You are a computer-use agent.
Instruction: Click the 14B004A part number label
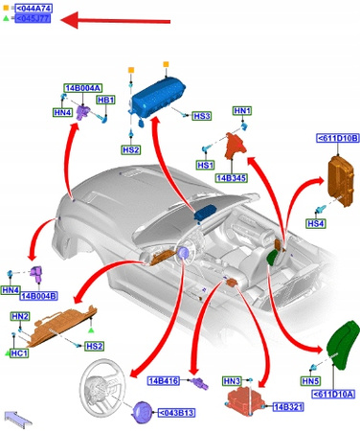click(x=82, y=88)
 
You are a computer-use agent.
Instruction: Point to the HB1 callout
click(x=105, y=100)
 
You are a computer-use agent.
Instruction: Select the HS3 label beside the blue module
click(x=201, y=116)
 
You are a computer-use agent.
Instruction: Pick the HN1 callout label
click(x=241, y=111)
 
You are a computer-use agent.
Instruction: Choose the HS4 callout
click(x=315, y=223)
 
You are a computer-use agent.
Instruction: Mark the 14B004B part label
click(x=39, y=296)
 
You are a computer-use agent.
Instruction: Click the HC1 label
click(x=19, y=353)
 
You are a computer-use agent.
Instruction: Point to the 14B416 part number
click(x=165, y=381)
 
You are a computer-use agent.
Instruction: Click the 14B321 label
click(x=288, y=407)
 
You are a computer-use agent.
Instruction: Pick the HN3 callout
click(x=231, y=381)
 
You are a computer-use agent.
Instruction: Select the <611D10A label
click(x=335, y=394)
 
